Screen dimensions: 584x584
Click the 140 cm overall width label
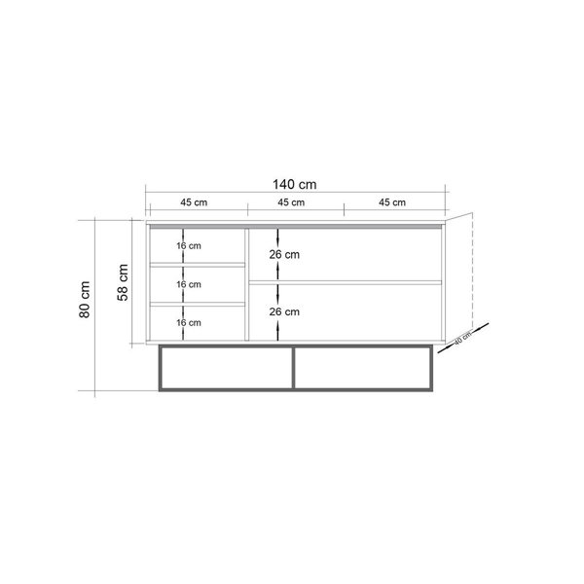[295, 184]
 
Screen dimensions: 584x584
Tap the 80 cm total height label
[85, 300]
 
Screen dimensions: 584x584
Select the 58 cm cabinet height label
[123, 282]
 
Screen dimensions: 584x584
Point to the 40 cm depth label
[462, 338]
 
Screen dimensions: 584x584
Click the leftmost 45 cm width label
[194, 202]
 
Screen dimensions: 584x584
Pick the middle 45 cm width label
[291, 202]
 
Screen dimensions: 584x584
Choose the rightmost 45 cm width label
[392, 202]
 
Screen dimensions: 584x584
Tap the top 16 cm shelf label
[189, 246]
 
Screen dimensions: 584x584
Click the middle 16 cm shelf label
[189, 284]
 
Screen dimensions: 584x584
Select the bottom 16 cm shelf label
[189, 322]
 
